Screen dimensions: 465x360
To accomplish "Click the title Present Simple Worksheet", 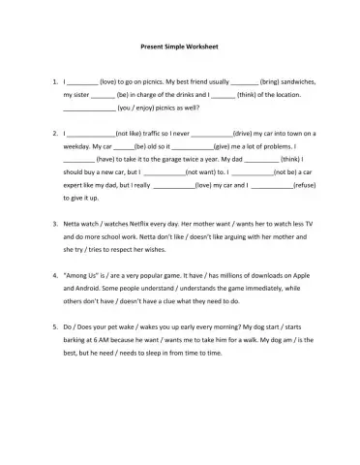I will [179, 46].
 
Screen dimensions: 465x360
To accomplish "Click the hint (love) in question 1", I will [111, 84].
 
